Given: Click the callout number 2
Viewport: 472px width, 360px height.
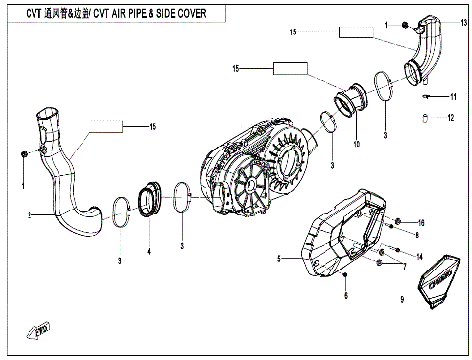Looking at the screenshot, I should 29,213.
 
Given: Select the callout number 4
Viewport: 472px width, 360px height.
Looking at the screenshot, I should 149,252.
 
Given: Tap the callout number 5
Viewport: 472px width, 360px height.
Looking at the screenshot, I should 280,258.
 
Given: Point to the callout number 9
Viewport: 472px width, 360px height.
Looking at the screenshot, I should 402,299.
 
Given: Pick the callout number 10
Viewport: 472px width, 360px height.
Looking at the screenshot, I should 356,145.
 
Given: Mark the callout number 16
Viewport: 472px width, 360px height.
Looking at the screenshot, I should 421,222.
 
